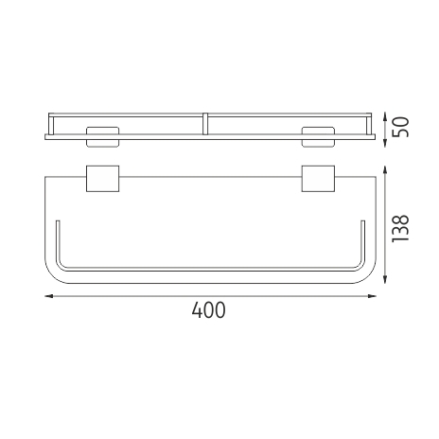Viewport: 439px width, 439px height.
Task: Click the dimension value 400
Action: [208, 309]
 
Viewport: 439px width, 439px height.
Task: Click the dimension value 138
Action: [400, 229]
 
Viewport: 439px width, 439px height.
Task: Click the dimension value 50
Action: [400, 127]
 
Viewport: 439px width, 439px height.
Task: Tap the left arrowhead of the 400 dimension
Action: [48, 296]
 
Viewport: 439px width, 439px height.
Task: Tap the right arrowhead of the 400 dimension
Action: [373, 296]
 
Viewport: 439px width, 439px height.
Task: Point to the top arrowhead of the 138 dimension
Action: [385, 170]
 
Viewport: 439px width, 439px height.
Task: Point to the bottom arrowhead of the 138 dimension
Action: [385, 279]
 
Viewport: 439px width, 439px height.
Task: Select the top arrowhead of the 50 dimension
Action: [385, 117]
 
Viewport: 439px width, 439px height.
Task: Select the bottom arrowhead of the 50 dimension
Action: [385, 143]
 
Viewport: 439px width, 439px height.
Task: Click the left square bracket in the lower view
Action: [102, 179]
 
